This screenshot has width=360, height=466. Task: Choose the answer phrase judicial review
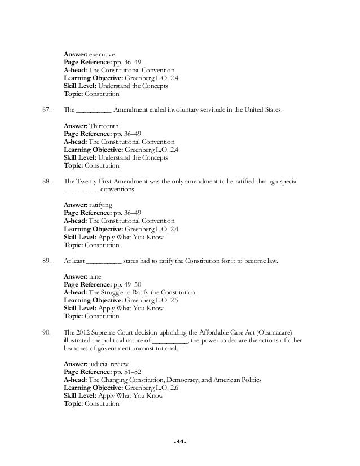coord(106,366)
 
